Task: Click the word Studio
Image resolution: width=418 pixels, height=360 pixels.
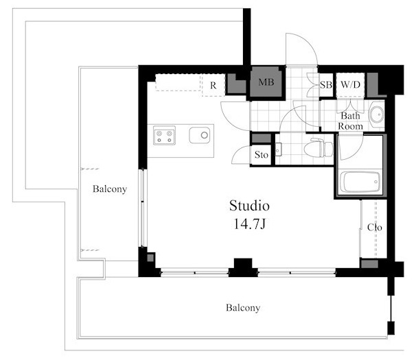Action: click(249, 206)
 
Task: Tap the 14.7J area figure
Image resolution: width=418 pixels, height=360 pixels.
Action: click(250, 224)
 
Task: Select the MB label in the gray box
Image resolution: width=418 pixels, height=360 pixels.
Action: click(266, 82)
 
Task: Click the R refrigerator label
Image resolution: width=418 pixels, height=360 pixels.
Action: click(213, 86)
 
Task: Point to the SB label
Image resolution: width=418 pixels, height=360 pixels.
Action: click(326, 85)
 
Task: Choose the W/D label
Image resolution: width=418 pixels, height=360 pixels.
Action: click(351, 84)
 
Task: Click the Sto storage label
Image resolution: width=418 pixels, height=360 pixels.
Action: click(261, 155)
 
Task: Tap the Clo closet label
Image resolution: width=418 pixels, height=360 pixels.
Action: click(375, 228)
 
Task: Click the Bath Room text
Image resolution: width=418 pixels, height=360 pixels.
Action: click(351, 121)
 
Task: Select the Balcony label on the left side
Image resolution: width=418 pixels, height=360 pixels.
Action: click(110, 189)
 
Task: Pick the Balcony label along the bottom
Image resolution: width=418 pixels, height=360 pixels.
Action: click(243, 308)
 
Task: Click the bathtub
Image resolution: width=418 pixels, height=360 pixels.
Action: click(360, 182)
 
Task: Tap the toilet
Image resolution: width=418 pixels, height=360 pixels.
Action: click(318, 148)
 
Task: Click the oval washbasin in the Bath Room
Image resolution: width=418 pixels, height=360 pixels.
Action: click(377, 115)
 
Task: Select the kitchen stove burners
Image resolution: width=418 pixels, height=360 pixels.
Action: click(164, 136)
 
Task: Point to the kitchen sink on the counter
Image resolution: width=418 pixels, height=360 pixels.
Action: click(200, 135)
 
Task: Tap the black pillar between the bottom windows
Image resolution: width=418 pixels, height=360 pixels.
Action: click(243, 267)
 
